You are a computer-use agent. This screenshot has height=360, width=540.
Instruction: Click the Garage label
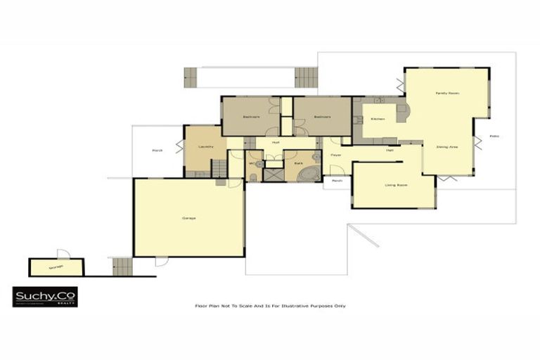189,218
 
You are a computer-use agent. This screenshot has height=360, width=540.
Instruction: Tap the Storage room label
56,267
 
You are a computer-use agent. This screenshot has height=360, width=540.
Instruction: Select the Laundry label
205,146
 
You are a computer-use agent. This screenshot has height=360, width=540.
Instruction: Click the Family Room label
446,93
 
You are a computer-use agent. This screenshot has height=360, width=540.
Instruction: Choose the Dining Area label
447,146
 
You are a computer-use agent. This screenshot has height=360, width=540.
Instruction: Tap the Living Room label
397,185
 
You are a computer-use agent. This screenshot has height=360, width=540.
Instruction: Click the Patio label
494,136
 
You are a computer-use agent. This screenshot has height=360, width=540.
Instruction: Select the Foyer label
337,154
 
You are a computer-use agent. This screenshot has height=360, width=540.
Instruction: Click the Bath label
298,163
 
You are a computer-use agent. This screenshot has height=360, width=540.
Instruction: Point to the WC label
251,163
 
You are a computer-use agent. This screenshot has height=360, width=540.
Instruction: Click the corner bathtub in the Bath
310,173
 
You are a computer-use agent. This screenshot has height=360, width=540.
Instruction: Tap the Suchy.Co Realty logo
45,297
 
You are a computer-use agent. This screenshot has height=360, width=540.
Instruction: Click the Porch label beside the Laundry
157,150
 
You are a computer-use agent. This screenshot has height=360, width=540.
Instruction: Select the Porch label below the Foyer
337,181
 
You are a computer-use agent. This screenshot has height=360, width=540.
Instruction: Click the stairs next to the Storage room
122,266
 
